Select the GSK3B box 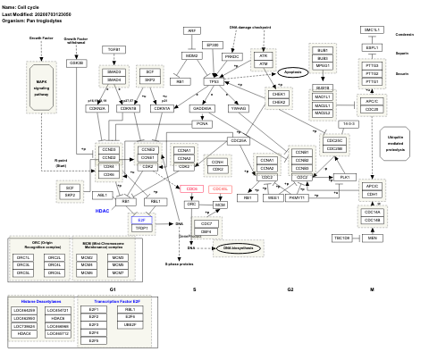coord(77,63)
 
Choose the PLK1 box coord(344,178)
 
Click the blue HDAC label coord(103,212)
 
